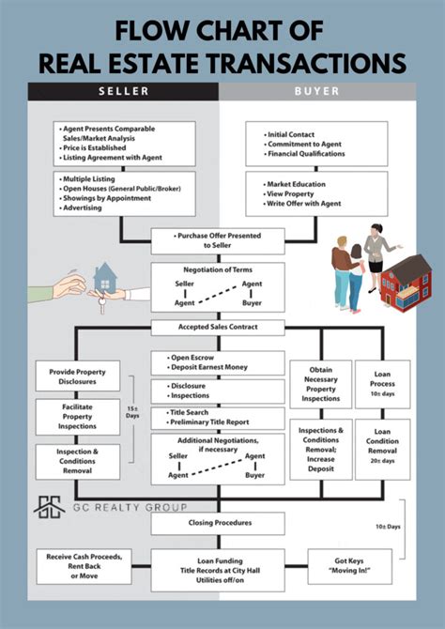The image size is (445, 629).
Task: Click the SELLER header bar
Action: tap(123, 91)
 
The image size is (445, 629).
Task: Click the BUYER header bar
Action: tap(317, 91)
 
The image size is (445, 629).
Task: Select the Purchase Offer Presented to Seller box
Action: tap(218, 241)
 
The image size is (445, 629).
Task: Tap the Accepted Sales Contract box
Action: tap(218, 328)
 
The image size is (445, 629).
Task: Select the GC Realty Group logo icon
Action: tap(47, 507)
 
